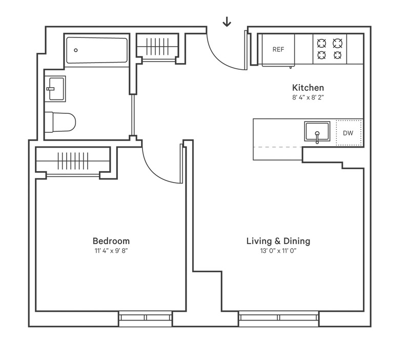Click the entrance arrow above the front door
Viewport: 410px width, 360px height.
point(227,22)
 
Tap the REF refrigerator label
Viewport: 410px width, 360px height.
point(278,50)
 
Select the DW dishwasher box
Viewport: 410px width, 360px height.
point(348,133)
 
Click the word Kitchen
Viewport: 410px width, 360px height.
point(308,87)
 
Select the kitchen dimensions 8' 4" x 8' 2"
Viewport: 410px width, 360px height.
point(308,96)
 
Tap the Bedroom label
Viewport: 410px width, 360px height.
point(111,241)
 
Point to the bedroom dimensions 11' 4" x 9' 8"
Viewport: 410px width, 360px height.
point(111,250)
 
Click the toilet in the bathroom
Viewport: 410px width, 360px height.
point(60,122)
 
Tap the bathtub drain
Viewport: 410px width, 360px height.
point(76,50)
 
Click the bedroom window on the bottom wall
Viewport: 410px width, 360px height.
point(146,318)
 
